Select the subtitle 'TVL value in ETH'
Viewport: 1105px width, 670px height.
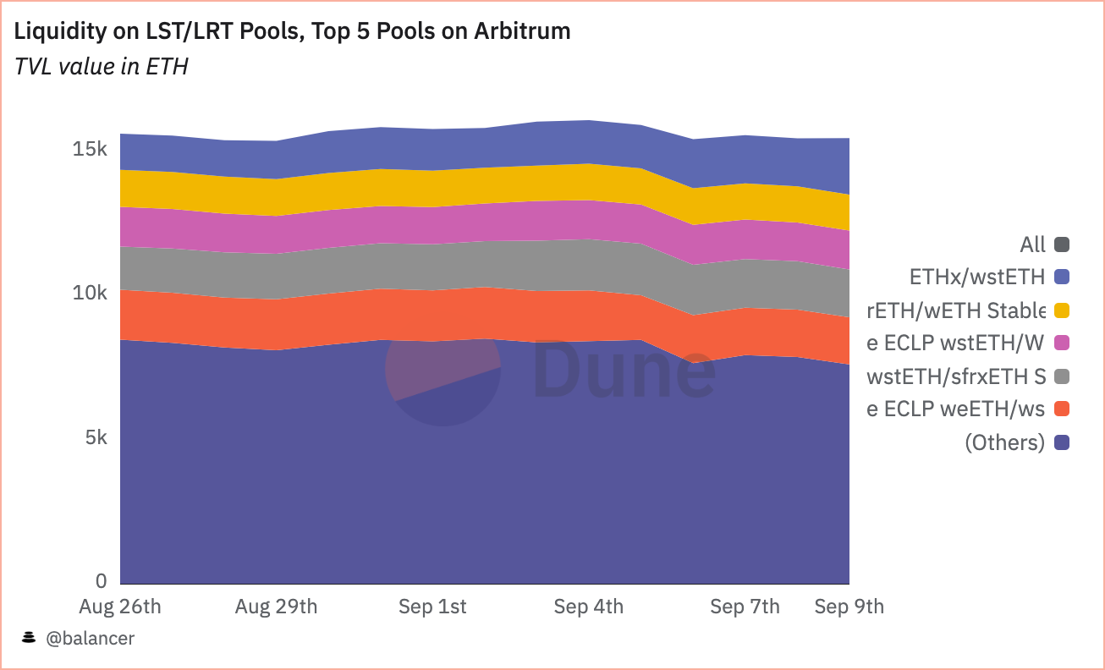coord(102,67)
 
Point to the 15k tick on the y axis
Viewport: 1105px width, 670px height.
coord(90,150)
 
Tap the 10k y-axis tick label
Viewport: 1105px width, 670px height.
coord(90,294)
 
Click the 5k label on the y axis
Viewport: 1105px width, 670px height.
coord(95,438)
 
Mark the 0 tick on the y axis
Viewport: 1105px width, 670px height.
coord(102,582)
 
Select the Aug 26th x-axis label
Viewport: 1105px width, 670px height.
coord(120,607)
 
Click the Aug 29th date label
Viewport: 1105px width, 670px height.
coord(277,607)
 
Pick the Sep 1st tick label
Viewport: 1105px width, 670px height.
coord(432,607)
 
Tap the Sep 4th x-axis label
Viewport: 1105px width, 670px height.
coord(589,607)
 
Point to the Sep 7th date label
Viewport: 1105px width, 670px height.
coord(745,607)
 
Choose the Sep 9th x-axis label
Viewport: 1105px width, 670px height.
coord(849,607)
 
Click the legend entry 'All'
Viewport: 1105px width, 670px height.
coord(1033,245)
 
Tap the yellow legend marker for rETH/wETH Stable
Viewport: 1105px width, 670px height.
coord(1062,310)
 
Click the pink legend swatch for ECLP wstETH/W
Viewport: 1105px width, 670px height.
coord(1062,343)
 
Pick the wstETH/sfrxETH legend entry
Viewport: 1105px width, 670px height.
coord(956,376)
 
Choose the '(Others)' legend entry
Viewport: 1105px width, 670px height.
coord(1004,442)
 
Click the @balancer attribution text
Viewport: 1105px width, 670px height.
coord(89,639)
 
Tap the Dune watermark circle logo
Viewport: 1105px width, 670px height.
coord(443,369)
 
